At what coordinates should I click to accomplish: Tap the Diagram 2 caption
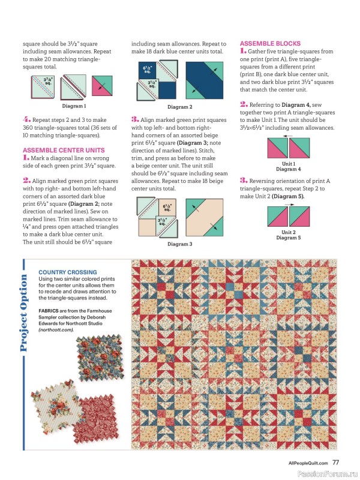179,107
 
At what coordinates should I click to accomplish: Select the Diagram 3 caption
179,244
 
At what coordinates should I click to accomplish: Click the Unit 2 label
288,232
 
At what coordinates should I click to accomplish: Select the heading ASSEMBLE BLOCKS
266,44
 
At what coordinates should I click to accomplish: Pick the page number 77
336,462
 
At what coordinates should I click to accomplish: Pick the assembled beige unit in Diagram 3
205,219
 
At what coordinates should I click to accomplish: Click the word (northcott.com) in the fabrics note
56,329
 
